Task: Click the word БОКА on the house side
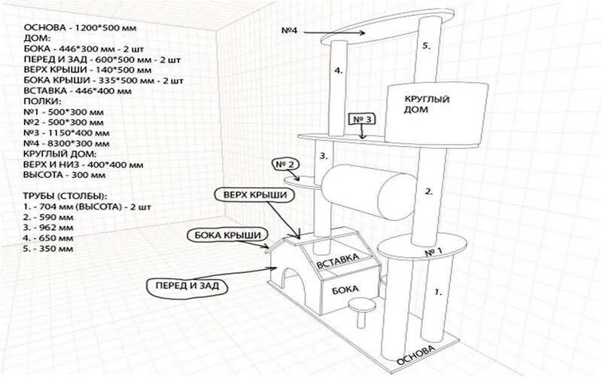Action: point(343,289)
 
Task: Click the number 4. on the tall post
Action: point(339,70)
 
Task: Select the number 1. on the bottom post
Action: point(439,289)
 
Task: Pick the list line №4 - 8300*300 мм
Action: point(62,143)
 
